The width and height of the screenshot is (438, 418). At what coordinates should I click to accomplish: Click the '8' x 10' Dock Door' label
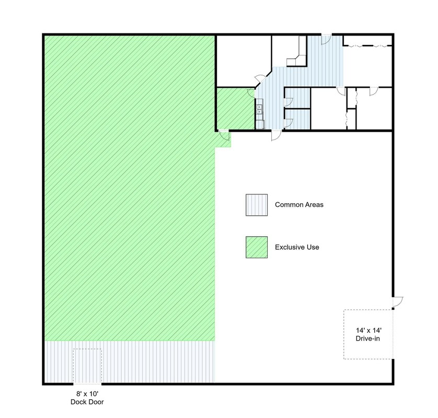click(87, 398)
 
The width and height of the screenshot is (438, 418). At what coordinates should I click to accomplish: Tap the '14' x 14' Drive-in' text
click(368, 334)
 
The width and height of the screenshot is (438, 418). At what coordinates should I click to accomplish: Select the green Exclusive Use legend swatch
click(257, 247)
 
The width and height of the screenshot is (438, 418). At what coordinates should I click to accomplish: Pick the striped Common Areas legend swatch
click(257, 205)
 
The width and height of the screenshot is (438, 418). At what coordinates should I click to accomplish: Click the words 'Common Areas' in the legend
click(299, 205)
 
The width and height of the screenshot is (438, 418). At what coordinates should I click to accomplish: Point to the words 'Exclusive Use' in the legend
click(297, 247)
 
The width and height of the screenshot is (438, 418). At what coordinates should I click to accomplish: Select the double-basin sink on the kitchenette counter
click(259, 109)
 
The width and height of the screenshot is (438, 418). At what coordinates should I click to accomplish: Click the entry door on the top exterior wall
click(326, 39)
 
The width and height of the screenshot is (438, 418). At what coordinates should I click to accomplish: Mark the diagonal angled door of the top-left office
click(260, 78)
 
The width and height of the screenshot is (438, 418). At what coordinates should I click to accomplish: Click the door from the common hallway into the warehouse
click(276, 135)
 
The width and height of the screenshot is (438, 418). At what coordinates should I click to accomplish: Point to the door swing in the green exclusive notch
click(224, 135)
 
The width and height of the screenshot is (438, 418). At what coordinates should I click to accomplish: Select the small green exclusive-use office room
click(236, 109)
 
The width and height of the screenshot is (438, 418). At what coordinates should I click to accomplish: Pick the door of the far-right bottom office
click(374, 91)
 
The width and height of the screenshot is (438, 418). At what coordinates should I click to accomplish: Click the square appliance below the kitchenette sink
click(260, 124)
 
